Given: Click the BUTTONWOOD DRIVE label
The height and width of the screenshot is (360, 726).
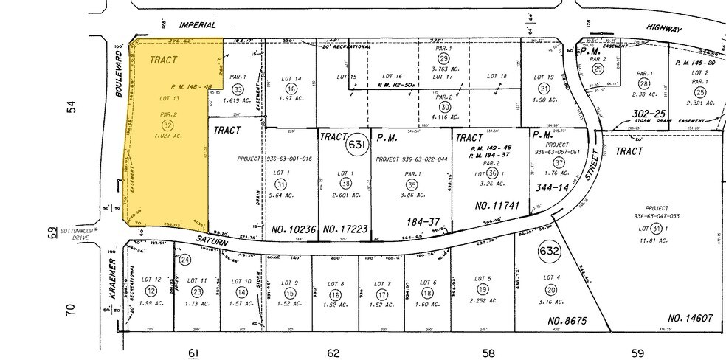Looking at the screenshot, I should pos(80,233).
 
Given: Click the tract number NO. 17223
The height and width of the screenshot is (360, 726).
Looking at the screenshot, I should pos(345,229).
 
